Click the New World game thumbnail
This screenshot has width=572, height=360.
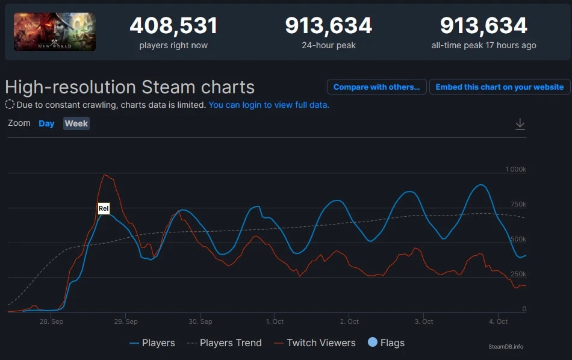55,32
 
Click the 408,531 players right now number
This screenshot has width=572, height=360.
173,26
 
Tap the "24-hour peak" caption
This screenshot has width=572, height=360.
328,45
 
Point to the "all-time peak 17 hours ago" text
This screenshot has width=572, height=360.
483,45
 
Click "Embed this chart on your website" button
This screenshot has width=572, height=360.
499,87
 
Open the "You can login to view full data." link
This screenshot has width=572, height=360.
269,105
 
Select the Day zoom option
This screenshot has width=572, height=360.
46,123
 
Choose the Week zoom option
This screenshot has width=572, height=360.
76,123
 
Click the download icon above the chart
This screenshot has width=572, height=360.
520,124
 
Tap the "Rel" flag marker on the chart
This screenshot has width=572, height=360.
104,209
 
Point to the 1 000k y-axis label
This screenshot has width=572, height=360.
515,170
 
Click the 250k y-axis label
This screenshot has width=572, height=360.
518,274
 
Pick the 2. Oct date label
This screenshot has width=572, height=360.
349,321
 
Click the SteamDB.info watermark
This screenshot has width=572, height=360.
506,347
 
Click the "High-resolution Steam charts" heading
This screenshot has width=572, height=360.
129,87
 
